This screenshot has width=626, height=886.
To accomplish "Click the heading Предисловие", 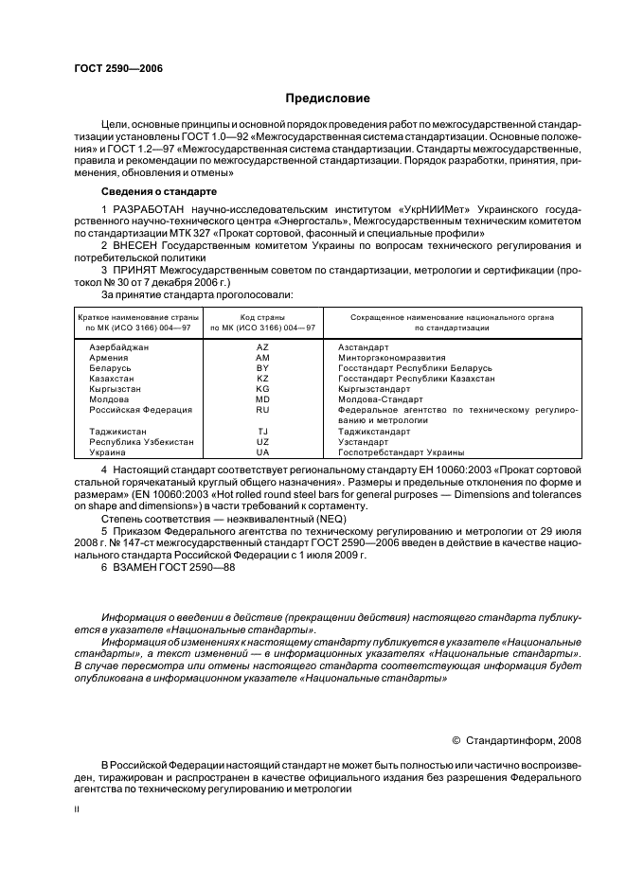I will click(x=328, y=98).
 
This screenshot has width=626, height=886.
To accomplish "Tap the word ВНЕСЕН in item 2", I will click(x=138, y=245).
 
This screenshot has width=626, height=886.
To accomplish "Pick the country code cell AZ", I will click(x=262, y=347).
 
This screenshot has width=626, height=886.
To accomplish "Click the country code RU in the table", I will click(x=262, y=410).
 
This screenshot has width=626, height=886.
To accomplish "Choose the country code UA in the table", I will click(x=262, y=452).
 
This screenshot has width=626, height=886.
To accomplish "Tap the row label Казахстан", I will click(x=111, y=378).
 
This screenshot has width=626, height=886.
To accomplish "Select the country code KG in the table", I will click(x=262, y=389).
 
